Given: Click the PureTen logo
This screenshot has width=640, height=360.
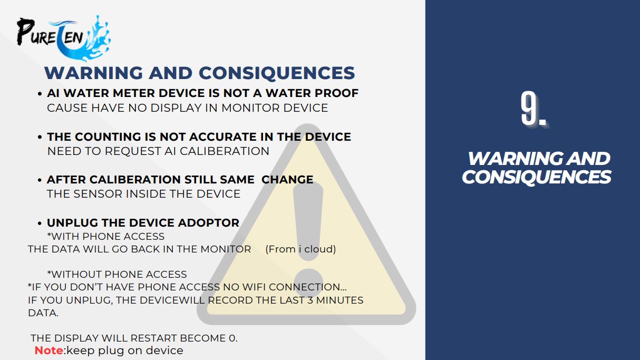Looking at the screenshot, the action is (x=63, y=38).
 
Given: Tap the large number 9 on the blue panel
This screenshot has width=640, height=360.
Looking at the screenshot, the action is (x=529, y=109).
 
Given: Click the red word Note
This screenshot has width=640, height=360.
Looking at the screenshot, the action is (x=49, y=351).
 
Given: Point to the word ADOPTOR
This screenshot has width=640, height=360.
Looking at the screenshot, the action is (x=209, y=223).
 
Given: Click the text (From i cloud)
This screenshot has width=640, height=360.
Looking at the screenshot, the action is (x=300, y=249).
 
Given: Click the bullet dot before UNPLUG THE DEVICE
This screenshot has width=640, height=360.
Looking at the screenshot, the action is (x=40, y=223).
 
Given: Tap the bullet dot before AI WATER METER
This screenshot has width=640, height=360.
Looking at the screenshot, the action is (x=40, y=94).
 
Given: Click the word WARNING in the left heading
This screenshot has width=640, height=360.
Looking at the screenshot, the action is (x=94, y=73).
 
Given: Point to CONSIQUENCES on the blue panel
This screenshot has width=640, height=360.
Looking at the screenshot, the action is (x=536, y=177).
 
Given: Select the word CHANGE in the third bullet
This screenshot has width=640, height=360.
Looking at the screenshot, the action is (x=287, y=180).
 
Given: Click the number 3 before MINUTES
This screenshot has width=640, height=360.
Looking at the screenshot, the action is (x=311, y=300).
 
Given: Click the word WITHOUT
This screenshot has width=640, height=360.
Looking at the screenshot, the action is (x=75, y=274).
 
